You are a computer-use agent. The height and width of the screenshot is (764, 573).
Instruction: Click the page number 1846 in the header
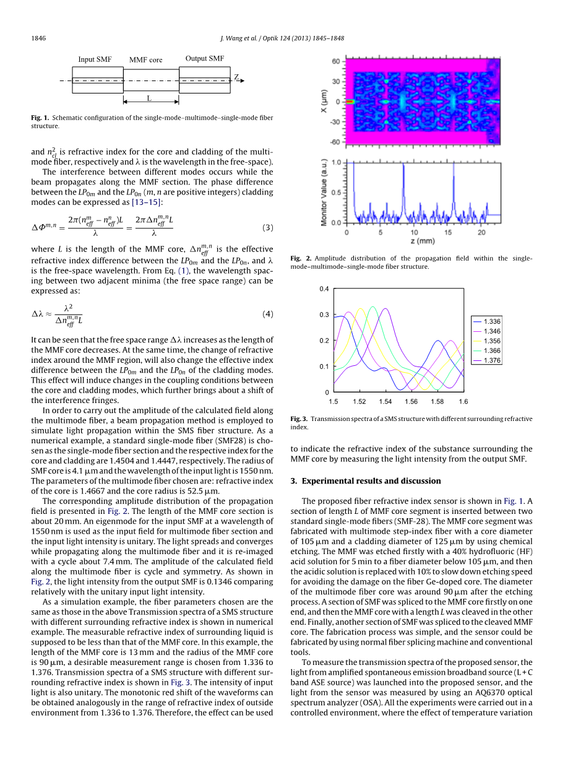[38, 38]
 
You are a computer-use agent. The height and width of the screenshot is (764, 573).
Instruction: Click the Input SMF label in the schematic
[95, 59]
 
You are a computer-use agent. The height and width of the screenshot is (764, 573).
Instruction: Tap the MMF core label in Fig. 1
[145, 60]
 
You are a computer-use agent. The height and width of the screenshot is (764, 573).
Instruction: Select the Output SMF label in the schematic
[205, 59]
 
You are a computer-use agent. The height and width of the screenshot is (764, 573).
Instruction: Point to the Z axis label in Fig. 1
[236, 77]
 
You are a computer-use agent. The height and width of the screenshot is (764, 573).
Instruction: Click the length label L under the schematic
[149, 98]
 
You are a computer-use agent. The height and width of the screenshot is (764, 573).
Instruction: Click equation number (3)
[267, 227]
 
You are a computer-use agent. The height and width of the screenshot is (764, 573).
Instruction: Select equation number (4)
[267, 314]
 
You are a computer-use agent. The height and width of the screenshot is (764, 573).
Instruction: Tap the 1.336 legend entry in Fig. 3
[492, 321]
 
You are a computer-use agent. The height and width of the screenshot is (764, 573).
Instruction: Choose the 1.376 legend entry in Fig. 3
[492, 360]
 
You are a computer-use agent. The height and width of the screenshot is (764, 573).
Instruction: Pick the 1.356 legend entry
[492, 341]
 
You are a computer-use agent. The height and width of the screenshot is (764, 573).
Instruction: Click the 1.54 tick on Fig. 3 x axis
[386, 402]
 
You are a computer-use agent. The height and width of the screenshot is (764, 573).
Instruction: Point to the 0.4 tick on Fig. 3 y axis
[324, 289]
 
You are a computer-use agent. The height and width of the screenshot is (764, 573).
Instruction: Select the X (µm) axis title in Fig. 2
[324, 101]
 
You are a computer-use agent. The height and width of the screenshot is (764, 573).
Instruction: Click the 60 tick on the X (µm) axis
[335, 62]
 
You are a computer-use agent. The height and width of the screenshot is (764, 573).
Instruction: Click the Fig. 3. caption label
[299, 419]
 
